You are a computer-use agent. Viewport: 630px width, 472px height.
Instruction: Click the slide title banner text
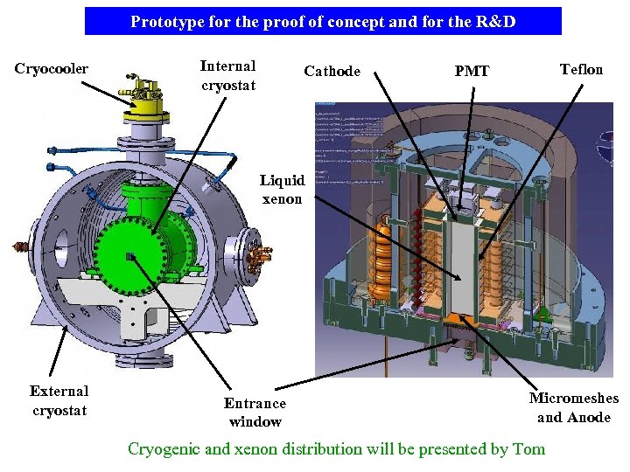(x=323, y=22)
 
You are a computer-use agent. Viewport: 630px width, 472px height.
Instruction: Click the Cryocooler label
(x=51, y=69)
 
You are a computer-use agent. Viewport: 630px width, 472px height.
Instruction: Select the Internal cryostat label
(x=227, y=75)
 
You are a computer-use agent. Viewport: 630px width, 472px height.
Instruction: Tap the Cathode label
(x=332, y=72)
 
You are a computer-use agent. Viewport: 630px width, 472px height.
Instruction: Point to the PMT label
(x=472, y=72)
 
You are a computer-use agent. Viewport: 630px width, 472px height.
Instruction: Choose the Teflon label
(x=582, y=69)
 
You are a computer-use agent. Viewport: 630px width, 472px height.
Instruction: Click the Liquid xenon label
(x=282, y=190)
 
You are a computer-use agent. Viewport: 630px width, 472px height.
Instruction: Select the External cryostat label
(x=59, y=400)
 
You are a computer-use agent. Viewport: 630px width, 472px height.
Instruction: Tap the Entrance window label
(x=255, y=412)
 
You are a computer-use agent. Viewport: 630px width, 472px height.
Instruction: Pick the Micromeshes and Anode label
(x=574, y=407)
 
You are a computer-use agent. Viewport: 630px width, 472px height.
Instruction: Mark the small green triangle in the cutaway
(x=542, y=312)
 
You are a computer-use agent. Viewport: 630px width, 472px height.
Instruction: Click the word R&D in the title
(x=495, y=22)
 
